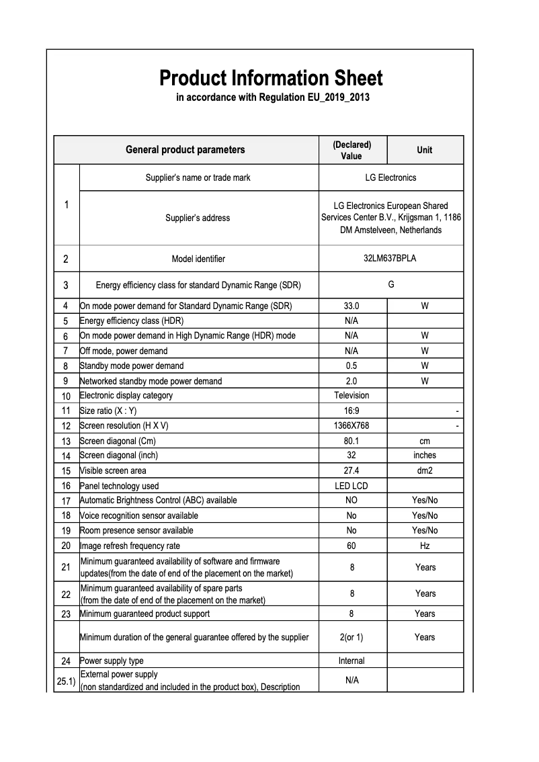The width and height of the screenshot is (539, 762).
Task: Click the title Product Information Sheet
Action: click(x=271, y=78)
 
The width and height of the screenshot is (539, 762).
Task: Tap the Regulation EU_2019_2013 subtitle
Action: click(x=272, y=98)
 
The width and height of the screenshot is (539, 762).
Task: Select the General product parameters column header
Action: click(x=185, y=150)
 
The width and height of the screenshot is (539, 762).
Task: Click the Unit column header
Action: click(x=424, y=150)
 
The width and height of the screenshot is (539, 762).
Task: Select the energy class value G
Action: click(x=391, y=284)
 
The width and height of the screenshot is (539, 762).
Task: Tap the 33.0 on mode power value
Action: click(x=351, y=306)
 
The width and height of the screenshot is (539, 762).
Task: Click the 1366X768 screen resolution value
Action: click(x=351, y=426)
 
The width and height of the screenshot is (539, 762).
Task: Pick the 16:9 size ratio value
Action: click(x=351, y=411)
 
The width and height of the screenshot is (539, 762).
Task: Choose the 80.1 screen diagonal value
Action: click(x=351, y=441)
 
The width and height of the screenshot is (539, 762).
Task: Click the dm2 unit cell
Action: click(x=424, y=471)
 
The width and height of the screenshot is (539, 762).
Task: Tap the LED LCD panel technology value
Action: click(x=351, y=486)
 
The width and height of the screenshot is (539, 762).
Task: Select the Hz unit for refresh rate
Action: click(x=424, y=546)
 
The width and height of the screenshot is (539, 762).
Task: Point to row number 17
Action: click(x=66, y=501)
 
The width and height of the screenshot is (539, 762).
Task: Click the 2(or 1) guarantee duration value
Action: click(x=351, y=637)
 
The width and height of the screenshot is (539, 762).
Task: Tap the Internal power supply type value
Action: click(x=351, y=661)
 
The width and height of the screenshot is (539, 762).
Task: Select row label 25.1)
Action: click(x=66, y=681)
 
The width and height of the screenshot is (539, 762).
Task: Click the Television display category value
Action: click(x=351, y=395)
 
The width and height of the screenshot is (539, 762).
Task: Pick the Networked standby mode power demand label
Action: click(x=151, y=381)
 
